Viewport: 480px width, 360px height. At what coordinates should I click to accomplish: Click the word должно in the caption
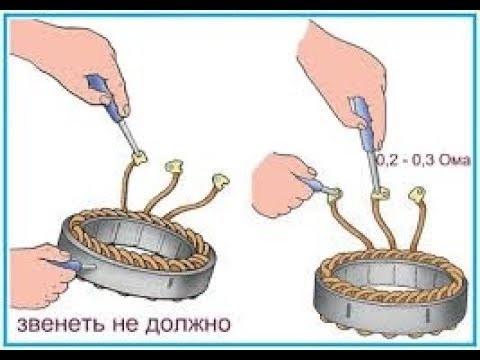click(x=188, y=324)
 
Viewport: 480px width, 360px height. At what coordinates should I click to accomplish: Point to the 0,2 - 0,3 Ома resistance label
click(x=423, y=160)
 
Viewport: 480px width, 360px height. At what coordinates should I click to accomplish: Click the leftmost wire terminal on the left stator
click(x=139, y=158)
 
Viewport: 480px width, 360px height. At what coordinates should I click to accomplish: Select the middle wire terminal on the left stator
click(x=174, y=165)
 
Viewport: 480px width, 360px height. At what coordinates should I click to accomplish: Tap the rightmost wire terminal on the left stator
click(x=220, y=180)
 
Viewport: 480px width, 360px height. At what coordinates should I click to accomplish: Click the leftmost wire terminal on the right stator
click(x=334, y=196)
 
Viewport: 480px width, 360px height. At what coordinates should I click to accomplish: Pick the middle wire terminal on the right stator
click(x=380, y=194)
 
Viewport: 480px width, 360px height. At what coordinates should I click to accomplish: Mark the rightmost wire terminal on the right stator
click(x=417, y=194)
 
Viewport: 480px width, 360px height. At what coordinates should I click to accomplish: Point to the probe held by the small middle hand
click(x=317, y=185)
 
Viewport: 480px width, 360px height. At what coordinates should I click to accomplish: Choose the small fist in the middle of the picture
click(x=283, y=185)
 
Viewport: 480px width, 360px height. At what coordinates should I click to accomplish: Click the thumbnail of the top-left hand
click(x=124, y=110)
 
